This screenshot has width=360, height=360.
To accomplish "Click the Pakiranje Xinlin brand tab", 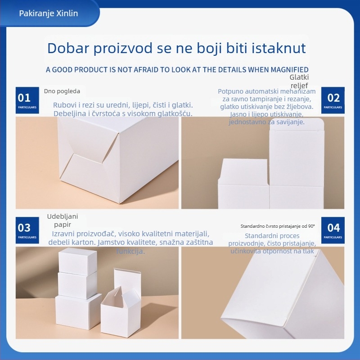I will pos(48,13).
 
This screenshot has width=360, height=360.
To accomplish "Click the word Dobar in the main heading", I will pos(68,48).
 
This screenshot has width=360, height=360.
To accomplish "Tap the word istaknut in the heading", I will pos(278,48).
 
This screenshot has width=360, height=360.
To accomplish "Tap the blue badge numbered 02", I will pos(333,100).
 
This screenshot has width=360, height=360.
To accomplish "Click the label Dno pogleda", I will pos(62,91).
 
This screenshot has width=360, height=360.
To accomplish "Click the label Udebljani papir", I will pos(63,220).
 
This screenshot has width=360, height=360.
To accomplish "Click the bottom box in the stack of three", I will pos(77,311).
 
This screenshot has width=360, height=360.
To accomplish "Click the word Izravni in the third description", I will pos(64,234).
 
